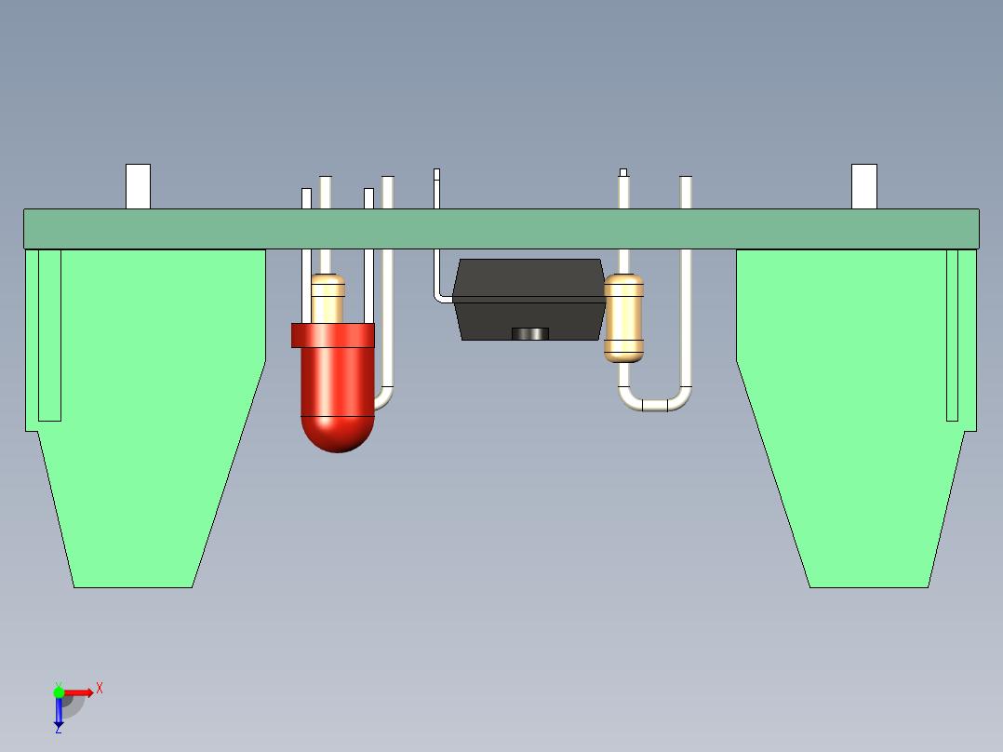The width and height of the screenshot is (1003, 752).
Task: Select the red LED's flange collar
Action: [333, 335]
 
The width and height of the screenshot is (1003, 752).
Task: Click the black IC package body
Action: [529, 299]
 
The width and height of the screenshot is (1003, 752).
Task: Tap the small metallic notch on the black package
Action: [530, 333]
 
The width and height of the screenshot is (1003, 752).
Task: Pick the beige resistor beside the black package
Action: [623, 318]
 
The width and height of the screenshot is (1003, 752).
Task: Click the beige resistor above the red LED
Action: [328, 299]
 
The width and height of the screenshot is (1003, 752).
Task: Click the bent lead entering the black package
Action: [438, 282]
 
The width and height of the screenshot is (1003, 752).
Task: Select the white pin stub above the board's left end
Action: [138, 186]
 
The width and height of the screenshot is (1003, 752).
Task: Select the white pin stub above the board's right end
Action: [864, 186]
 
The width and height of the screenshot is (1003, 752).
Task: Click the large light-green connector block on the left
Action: [145, 417]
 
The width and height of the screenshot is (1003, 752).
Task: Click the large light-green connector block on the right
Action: [857, 417]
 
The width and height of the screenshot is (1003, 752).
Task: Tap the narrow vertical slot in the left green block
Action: [50, 335]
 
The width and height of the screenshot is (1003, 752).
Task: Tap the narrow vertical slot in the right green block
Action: [953, 335]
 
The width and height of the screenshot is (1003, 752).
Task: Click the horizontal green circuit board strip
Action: [501, 228]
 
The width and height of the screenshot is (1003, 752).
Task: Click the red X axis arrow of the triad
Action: [79, 692]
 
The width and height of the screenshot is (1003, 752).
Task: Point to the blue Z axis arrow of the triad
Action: [59, 713]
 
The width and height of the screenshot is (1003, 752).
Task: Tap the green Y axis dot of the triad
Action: [59, 692]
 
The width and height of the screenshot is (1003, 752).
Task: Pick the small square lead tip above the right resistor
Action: [623, 173]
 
